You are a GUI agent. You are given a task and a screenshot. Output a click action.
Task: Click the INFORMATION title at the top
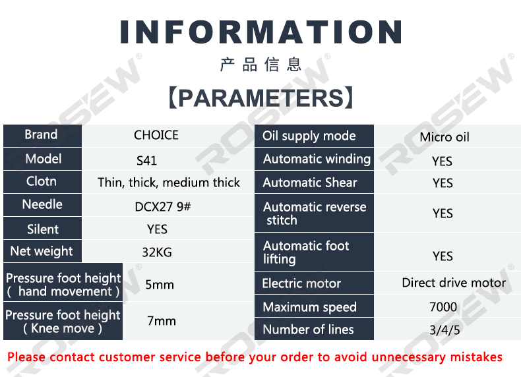click(x=261, y=32)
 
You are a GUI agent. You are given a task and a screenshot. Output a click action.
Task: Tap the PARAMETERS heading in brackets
click(x=261, y=98)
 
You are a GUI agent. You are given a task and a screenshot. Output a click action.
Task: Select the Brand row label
click(x=41, y=134)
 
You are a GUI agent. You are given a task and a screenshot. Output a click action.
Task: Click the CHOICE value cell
click(x=156, y=135)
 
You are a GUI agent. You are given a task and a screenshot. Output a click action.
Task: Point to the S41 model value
click(x=146, y=161)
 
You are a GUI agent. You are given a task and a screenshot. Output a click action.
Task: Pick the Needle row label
click(x=42, y=204)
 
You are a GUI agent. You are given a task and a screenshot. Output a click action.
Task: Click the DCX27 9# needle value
click(x=163, y=206)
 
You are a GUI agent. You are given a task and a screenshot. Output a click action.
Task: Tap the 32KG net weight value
click(x=157, y=252)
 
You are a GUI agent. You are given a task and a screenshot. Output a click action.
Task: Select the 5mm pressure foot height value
click(x=160, y=285)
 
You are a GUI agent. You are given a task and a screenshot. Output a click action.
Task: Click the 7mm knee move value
click(x=162, y=321)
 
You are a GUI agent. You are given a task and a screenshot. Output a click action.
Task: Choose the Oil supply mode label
click(x=309, y=136)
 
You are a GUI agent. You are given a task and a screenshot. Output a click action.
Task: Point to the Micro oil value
click(x=444, y=137)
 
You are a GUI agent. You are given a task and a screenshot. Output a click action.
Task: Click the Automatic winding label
click(x=317, y=159)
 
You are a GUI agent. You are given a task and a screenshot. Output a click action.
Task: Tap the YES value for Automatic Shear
click(x=443, y=183)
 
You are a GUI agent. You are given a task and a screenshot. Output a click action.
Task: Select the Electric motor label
click(x=301, y=283)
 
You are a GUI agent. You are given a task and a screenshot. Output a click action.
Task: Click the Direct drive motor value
click(x=454, y=283)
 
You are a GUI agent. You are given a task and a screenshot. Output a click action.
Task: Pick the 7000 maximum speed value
click(x=443, y=307)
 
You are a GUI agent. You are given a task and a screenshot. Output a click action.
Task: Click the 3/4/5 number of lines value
click(x=444, y=330)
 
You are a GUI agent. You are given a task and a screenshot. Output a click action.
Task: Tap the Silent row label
click(x=43, y=229)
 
